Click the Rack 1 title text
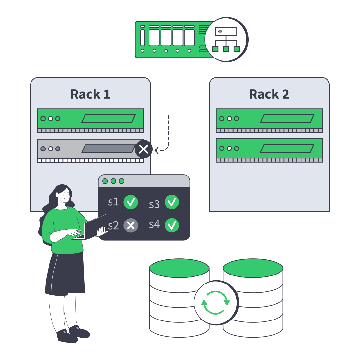coord(90,94)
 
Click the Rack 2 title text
coord(269,94)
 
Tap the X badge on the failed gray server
coord(144,149)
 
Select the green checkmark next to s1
coord(130,202)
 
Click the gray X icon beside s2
coord(130,225)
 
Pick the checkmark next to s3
coord(172,202)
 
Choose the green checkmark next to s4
coord(172,225)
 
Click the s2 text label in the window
coord(113,226)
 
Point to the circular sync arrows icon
coord(216,302)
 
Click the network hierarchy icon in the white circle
coord(226,40)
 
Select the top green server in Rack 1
coord(90,119)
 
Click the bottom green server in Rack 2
coord(269,148)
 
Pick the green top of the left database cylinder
coord(179,268)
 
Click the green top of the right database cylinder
coord(253,268)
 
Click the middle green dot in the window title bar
coord(113,181)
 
